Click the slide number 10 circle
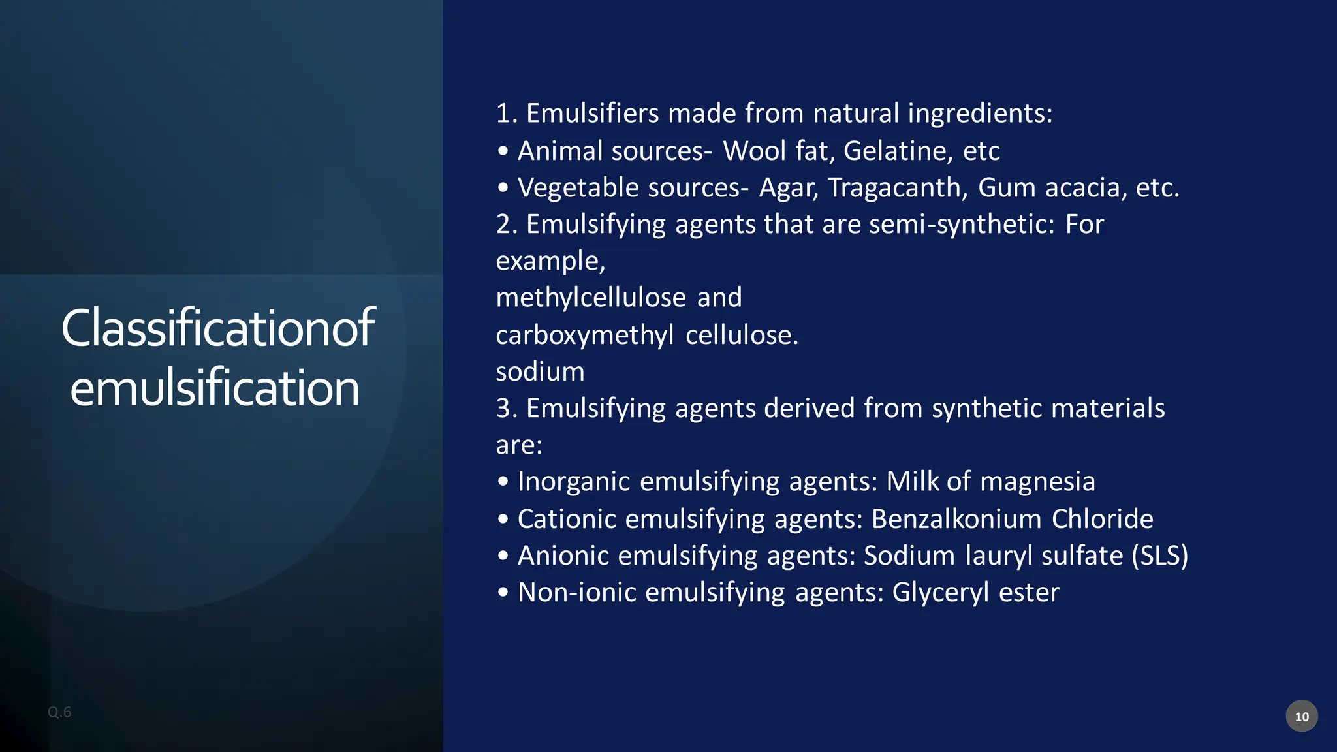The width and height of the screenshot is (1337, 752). tap(1301, 716)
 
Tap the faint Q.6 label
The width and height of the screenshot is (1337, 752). tap(59, 712)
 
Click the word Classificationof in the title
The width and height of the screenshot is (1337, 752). tap(217, 328)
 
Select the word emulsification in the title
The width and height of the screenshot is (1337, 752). tap(215, 388)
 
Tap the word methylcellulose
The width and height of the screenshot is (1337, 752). tap(591, 298)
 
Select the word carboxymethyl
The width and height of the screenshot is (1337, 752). tap(584, 336)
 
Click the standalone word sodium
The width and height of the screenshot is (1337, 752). tap(540, 372)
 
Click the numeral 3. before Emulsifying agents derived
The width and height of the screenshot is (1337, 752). tap(507, 409)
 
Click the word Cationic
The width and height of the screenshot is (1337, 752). tap(567, 519)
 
